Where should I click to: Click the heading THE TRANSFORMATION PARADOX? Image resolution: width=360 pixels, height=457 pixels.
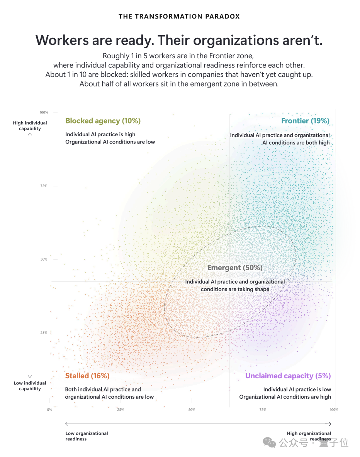[179, 17]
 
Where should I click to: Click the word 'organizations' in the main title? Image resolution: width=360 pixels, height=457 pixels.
[237, 40]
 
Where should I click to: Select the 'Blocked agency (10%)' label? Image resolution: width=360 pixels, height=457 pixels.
[103, 121]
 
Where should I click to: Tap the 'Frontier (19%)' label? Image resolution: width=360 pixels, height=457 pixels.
[305, 121]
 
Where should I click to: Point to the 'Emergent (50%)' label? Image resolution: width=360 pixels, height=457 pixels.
[235, 267]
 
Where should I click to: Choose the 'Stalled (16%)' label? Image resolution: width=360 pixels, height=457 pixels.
[87, 376]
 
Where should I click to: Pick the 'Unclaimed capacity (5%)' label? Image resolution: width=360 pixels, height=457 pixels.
[288, 376]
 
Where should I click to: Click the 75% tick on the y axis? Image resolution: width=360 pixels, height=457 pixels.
[44, 186]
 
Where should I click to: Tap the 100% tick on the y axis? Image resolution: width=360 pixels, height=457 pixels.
[44, 112]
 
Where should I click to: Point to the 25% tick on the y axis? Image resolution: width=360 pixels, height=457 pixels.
[44, 333]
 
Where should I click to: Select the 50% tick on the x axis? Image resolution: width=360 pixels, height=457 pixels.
[192, 410]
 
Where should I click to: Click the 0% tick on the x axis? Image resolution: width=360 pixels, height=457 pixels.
[49, 410]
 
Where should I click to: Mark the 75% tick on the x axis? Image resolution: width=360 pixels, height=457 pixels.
[263, 410]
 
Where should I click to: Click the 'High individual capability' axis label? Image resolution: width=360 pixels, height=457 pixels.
[30, 125]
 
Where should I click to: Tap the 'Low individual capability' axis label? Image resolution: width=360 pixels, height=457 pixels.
[30, 386]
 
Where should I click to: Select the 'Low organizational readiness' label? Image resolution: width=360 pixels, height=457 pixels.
[87, 436]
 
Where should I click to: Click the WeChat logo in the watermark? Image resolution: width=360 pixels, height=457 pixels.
[269, 442]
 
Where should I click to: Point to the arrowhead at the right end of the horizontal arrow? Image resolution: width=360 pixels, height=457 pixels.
[329, 424]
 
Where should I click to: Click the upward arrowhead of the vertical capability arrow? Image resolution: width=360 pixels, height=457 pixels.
[30, 134]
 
